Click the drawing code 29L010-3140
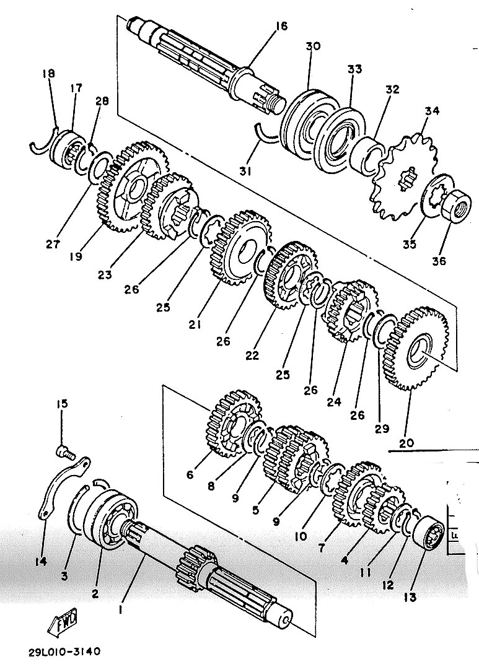64,651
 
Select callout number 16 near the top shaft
281,27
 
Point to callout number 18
48,74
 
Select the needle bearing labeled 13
428,532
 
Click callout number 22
252,355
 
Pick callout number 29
382,429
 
